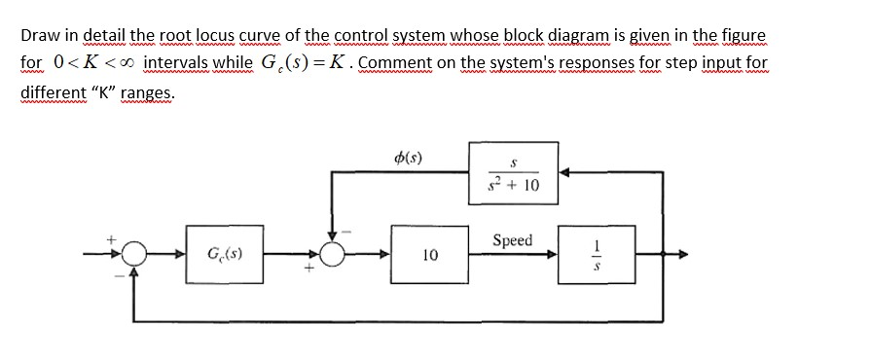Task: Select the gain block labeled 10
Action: (x=428, y=255)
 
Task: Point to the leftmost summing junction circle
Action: (x=134, y=256)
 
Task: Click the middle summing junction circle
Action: (x=333, y=256)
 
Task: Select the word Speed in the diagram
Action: (x=513, y=239)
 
